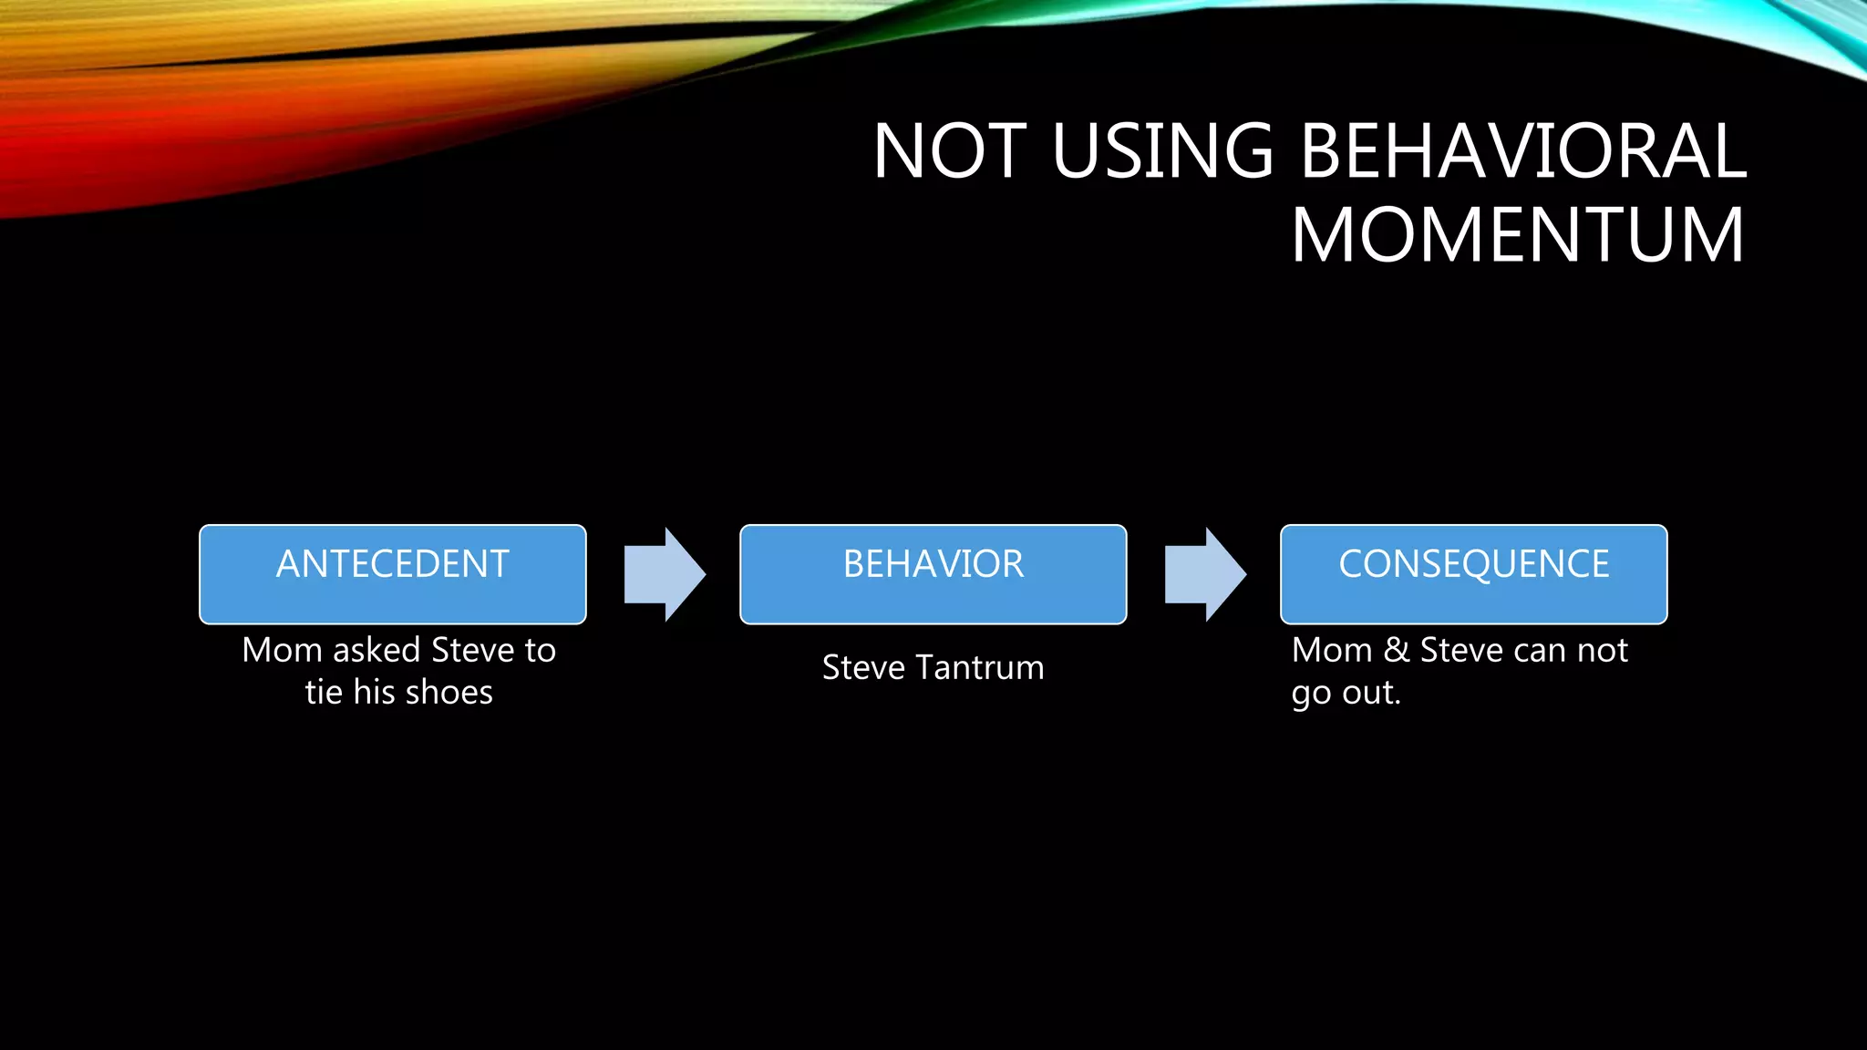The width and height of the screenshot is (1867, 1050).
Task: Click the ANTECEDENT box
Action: [392, 573]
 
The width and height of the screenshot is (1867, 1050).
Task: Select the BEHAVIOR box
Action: [933, 573]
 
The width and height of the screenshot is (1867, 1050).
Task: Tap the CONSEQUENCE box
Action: [1473, 573]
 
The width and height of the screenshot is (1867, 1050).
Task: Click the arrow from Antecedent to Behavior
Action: [665, 574]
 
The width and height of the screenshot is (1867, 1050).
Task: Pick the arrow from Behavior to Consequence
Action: [1205, 574]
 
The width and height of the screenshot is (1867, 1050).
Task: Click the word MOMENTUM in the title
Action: [1518, 235]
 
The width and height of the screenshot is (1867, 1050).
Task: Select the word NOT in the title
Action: [950, 150]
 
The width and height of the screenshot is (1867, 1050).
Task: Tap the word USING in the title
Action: [1162, 150]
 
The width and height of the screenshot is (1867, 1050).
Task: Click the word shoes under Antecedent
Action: [450, 693]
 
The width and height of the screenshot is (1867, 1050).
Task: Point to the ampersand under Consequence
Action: [1397, 650]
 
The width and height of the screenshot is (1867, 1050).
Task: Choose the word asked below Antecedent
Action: [376, 650]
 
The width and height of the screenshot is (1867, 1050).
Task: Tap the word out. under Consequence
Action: [1372, 693]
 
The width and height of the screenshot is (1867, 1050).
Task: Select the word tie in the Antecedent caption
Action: [324, 693]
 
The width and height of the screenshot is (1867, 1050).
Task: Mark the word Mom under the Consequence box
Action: [1331, 650]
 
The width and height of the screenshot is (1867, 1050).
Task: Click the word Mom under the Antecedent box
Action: [282, 650]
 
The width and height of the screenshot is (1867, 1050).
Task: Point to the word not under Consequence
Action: [1603, 650]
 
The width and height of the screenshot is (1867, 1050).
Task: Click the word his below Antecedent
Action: [374, 693]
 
